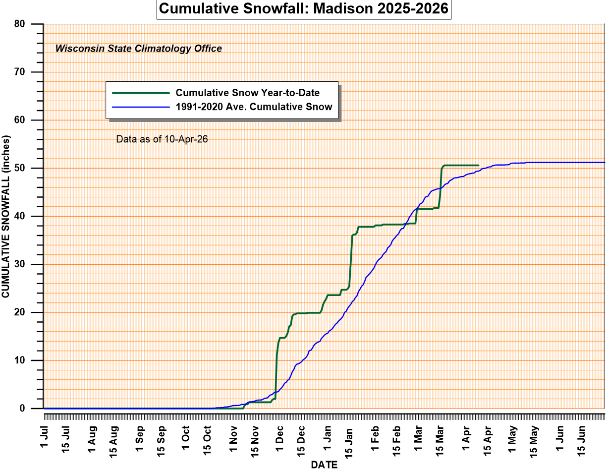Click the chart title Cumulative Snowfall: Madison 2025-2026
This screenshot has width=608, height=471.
coord(304,9)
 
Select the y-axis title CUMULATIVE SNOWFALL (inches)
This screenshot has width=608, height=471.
coord(5,216)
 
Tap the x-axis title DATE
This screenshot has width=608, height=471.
coord(324,465)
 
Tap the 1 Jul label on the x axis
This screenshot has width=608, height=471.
coord(44,434)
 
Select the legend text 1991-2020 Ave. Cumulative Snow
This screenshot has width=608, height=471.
coord(254,107)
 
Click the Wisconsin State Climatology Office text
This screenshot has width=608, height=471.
coord(138,49)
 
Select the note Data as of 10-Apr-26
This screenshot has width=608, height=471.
coord(162,139)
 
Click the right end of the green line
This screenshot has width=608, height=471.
coord(478,165)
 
